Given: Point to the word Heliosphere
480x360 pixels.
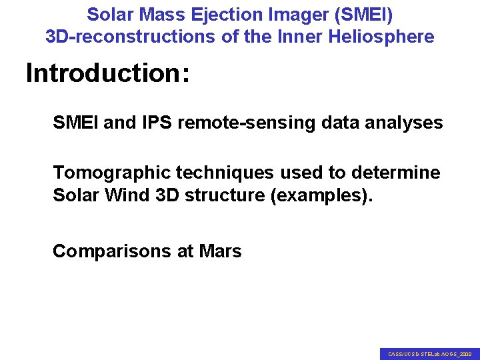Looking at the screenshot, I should point(381,37).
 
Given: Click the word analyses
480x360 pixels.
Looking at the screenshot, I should point(405,123).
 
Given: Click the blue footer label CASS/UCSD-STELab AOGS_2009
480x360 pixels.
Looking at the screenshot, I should point(430,354).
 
